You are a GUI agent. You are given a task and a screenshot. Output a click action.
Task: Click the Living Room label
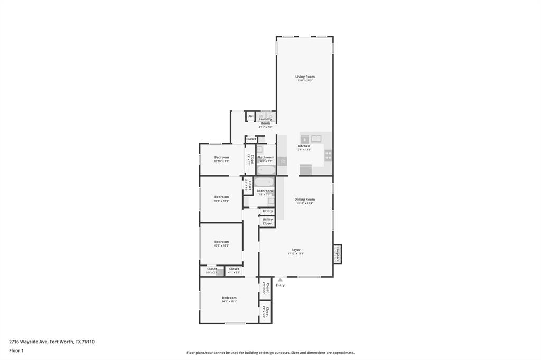(305, 77)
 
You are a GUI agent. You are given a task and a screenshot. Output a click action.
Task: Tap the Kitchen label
(304, 146)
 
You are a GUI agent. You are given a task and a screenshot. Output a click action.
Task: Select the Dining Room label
(305, 200)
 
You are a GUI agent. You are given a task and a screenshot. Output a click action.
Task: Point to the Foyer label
(296, 250)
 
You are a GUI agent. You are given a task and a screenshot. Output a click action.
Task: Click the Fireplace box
(337, 254)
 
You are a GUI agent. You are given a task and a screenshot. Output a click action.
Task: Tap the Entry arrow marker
(280, 280)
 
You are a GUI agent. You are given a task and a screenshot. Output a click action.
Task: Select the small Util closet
(250, 116)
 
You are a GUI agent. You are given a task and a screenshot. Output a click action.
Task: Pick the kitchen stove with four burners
(328, 155)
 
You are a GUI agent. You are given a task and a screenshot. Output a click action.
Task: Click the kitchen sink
(316, 139)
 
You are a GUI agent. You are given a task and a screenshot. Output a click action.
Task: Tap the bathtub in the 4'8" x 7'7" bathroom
(266, 170)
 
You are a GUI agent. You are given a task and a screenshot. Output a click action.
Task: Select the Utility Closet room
(267, 221)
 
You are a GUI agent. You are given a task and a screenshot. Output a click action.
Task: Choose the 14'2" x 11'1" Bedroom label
(229, 298)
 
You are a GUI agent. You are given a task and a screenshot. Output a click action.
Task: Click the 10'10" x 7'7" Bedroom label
(222, 158)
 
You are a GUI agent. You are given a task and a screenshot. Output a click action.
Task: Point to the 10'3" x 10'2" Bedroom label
(222, 242)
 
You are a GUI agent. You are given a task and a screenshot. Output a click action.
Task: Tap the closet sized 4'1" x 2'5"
(234, 270)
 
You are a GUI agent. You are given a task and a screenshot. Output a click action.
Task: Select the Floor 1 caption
(16, 350)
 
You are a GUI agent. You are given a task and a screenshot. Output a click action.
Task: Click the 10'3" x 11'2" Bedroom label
(222, 197)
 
